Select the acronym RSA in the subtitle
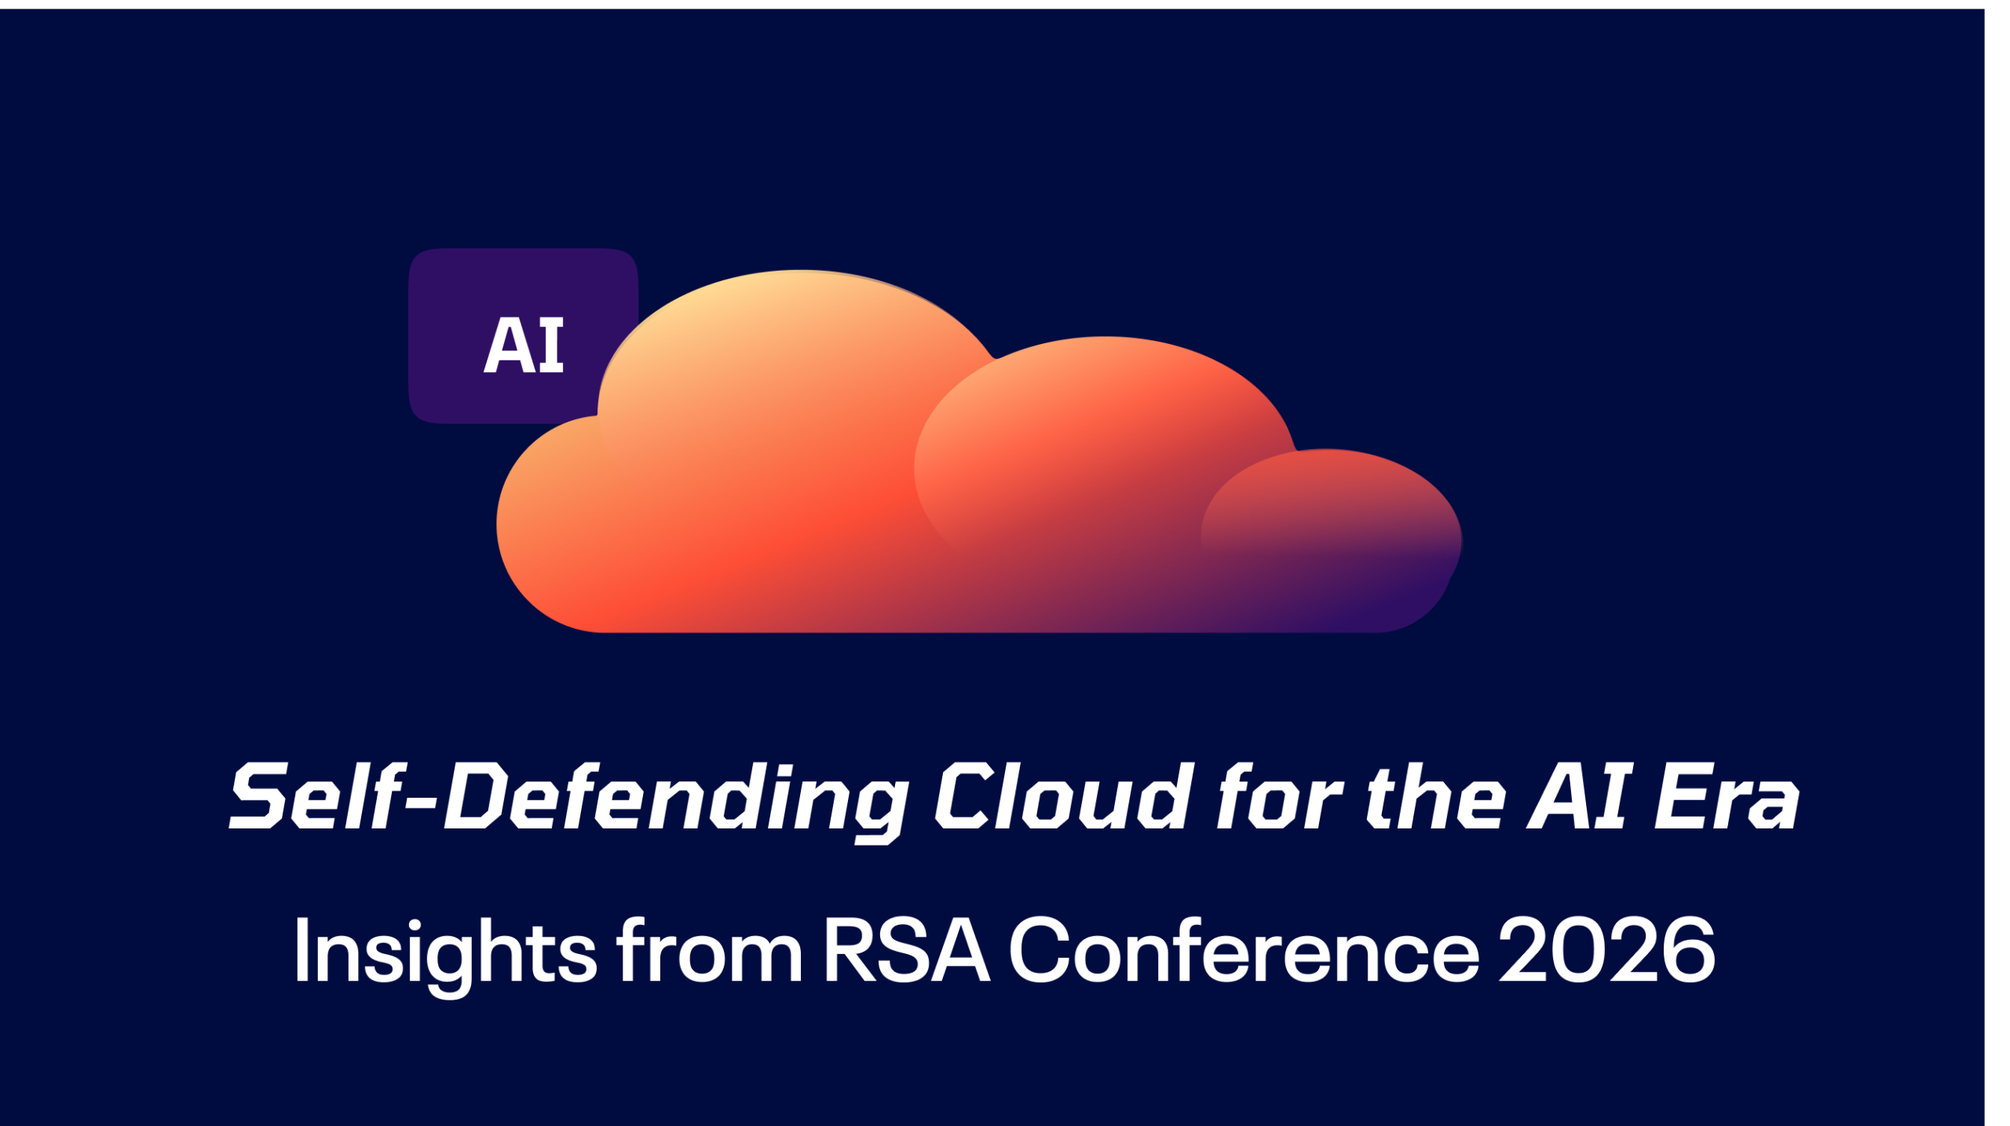(906, 950)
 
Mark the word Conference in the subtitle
(1244, 950)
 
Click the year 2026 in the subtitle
(1606, 951)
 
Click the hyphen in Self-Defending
(424, 803)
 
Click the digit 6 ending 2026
(1688, 951)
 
